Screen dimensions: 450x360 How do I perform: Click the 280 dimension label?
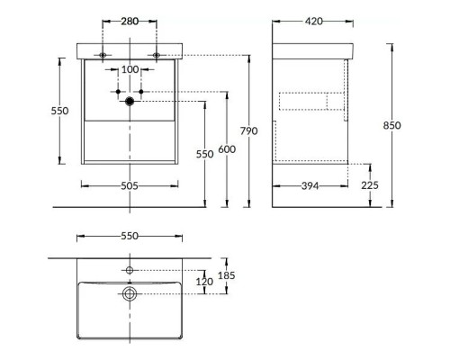click(x=130, y=22)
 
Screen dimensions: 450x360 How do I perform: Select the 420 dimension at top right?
click(x=313, y=22)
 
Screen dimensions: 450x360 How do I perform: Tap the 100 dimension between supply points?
click(x=130, y=69)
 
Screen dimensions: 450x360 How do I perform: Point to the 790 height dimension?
click(x=248, y=131)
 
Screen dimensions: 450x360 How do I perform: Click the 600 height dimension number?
click(x=227, y=149)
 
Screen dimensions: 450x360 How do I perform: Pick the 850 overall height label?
click(x=391, y=125)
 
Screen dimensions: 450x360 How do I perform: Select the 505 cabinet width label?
click(x=130, y=186)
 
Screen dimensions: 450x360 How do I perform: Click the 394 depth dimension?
click(x=310, y=186)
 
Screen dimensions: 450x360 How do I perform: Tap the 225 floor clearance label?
click(x=370, y=185)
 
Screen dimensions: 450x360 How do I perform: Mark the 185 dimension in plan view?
click(x=227, y=275)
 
